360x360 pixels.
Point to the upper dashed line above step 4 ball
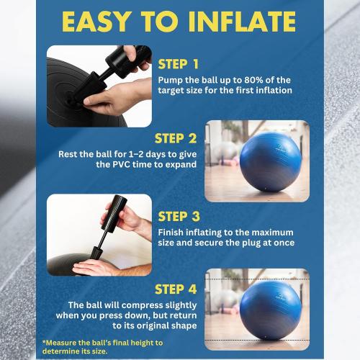click(x=257, y=278)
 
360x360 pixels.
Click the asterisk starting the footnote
click(x=44, y=343)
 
